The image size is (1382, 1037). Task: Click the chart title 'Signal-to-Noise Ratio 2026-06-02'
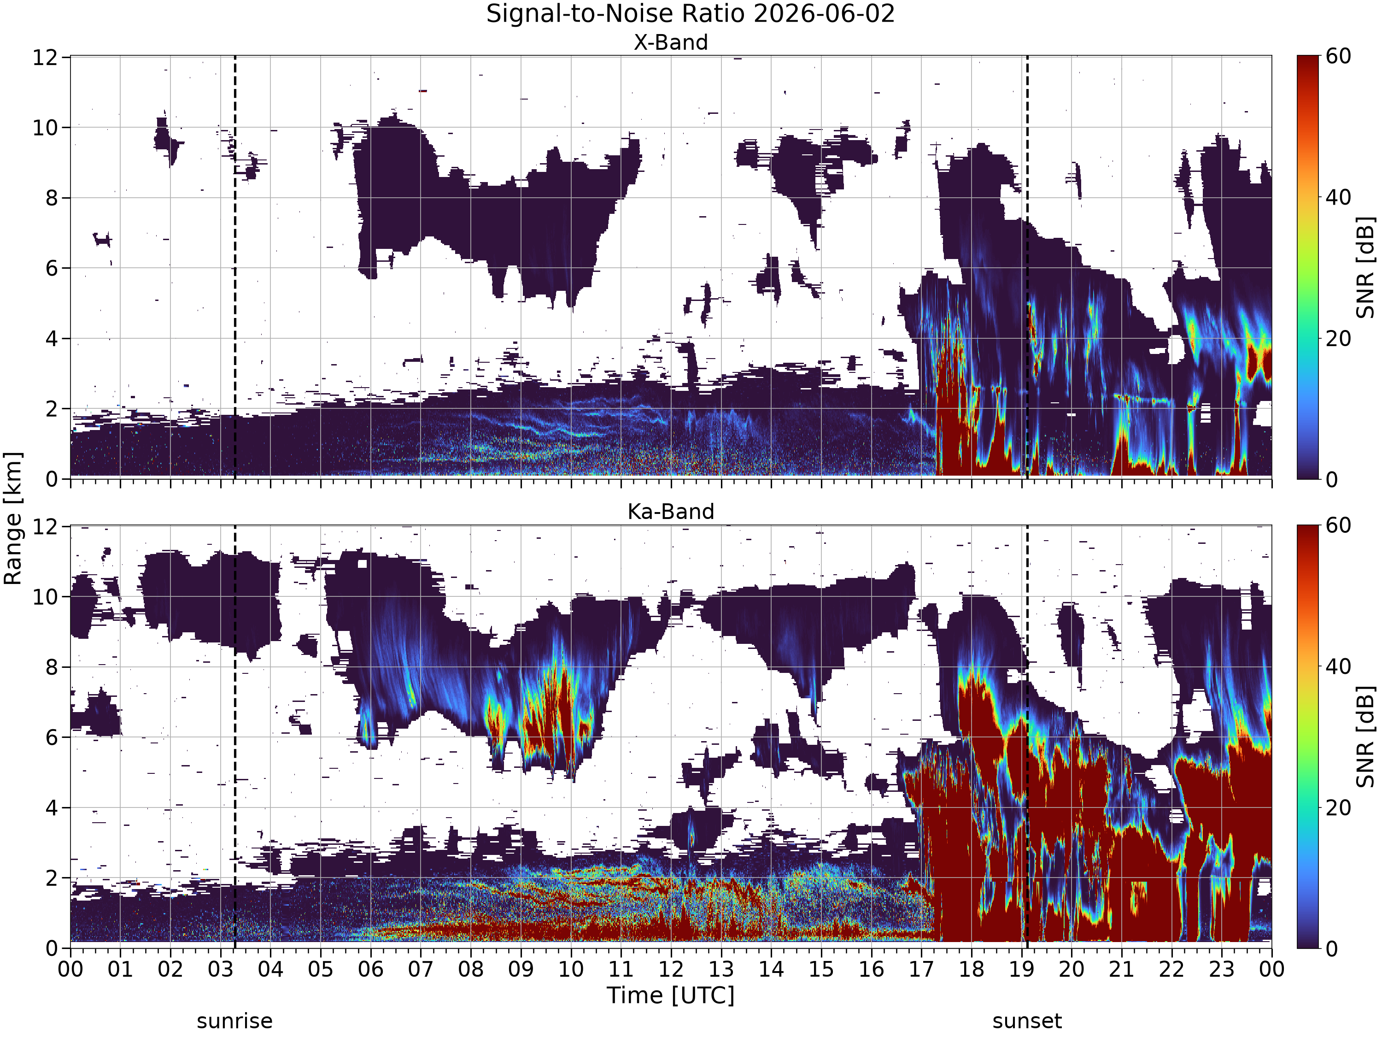tap(691, 14)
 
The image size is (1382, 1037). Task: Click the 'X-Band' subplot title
tap(671, 42)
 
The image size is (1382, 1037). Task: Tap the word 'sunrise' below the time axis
tap(235, 1021)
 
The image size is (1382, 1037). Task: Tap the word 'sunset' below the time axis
tap(1027, 1021)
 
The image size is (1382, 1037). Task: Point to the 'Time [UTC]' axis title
tap(671, 995)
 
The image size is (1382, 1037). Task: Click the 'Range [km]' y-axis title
tap(12, 519)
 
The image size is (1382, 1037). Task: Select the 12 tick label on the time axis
tap(671, 970)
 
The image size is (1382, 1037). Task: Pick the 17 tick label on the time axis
tap(921, 970)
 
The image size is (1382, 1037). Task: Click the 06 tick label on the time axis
tap(370, 970)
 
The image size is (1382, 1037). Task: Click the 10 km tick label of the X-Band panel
tap(46, 128)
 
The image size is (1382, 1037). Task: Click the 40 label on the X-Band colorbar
tap(1339, 198)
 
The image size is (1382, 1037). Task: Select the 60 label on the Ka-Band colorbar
tap(1339, 526)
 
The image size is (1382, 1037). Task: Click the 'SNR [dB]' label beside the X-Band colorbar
tap(1366, 267)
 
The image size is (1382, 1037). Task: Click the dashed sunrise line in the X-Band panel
tap(235, 267)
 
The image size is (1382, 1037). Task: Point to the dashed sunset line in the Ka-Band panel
tap(1027, 737)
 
